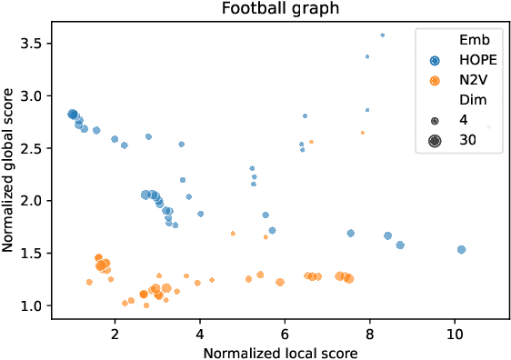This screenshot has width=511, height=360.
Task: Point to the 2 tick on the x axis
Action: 115,334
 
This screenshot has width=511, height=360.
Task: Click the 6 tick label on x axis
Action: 285,334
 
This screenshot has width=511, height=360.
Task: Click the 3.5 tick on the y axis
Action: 35,43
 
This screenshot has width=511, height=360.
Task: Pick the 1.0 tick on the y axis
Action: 35,305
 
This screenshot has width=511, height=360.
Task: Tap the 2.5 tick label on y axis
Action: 35,147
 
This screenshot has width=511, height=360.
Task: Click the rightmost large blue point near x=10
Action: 462,249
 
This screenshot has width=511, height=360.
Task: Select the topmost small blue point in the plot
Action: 382,35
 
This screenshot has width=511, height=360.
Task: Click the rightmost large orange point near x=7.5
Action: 348,278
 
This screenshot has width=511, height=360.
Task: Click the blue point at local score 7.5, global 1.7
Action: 350,234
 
